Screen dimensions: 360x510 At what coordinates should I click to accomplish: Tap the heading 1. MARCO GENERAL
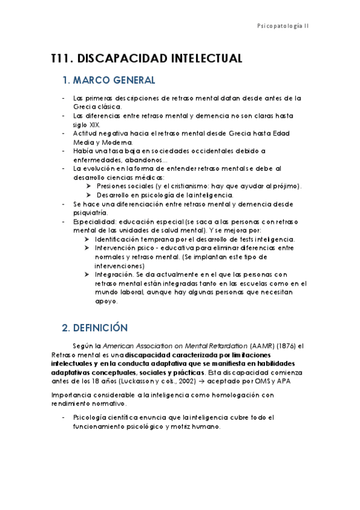109,80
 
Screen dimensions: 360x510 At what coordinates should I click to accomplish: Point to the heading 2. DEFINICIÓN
95,328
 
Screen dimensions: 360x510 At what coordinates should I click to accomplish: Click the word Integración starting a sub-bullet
114,274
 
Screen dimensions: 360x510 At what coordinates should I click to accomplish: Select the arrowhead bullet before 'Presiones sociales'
88,186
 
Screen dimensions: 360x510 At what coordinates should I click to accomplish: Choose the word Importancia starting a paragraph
72,395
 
